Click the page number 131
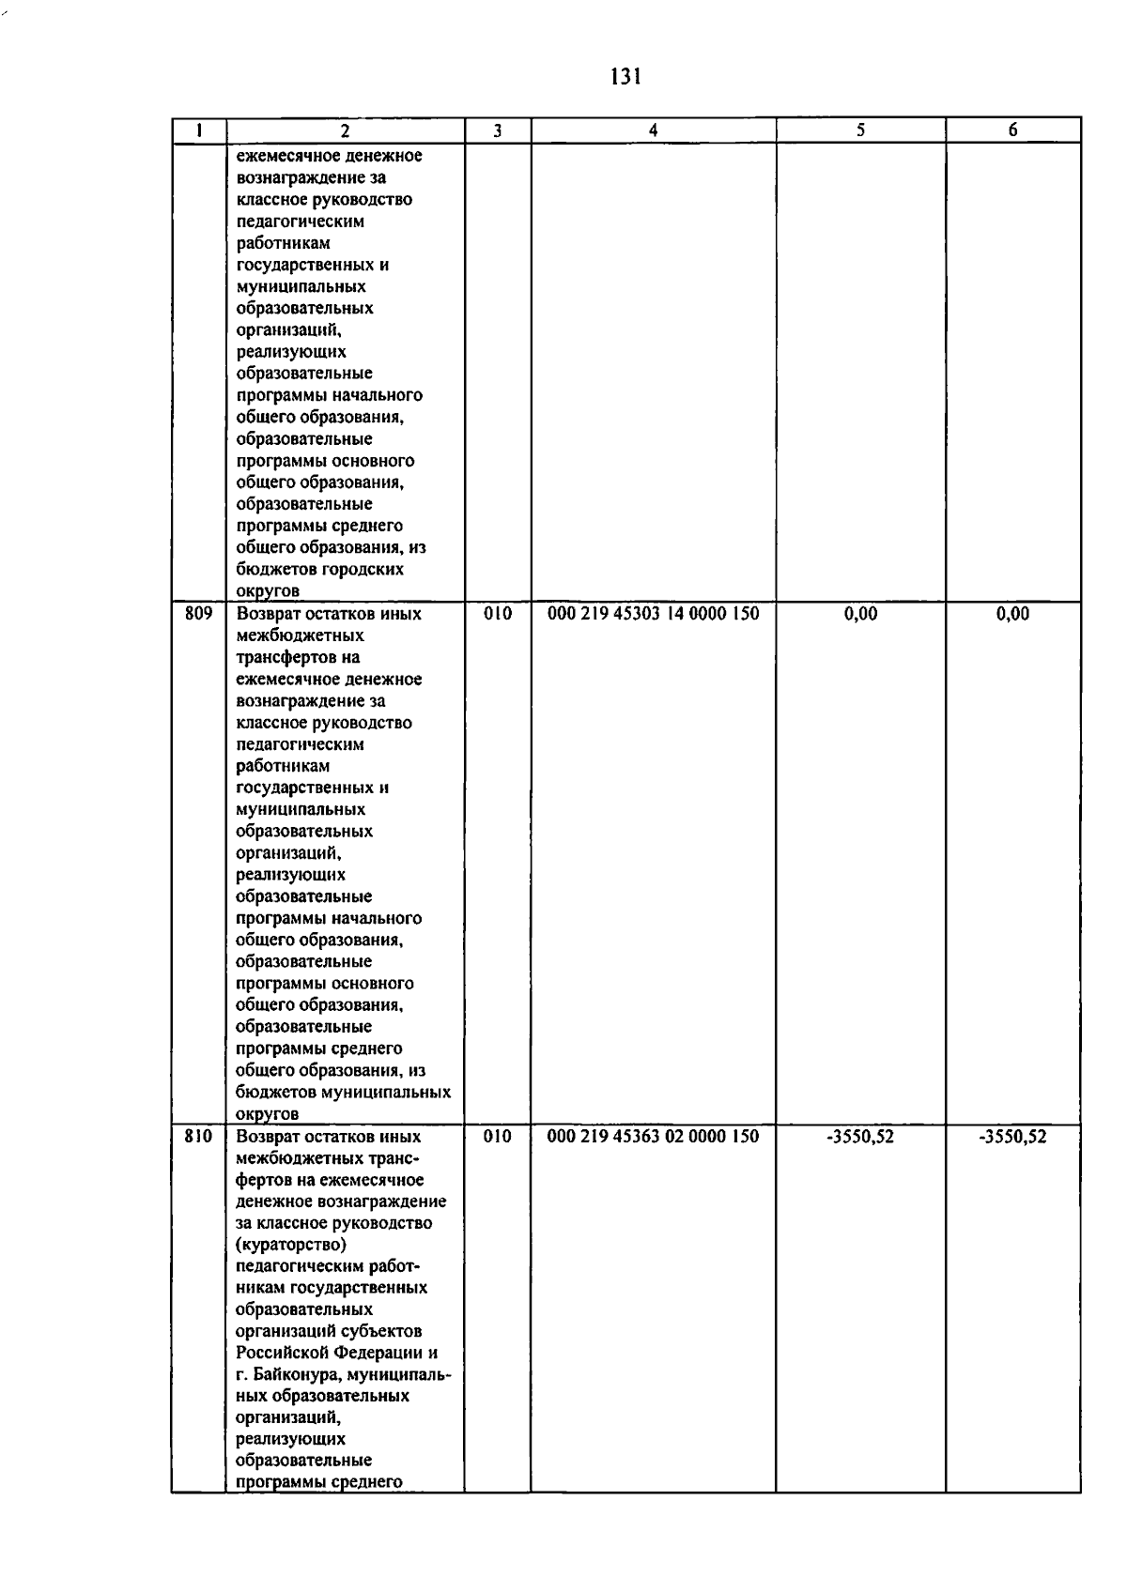(x=625, y=77)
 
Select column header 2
(x=346, y=131)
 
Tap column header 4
(x=653, y=131)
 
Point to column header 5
(x=860, y=131)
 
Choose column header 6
(x=1012, y=131)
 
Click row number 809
(x=198, y=614)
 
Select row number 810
(x=198, y=1137)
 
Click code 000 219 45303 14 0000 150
(x=653, y=614)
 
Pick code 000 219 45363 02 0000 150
(x=653, y=1137)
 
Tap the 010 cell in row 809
(x=498, y=614)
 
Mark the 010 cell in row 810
(x=498, y=1137)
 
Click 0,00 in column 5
(x=860, y=614)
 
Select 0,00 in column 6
(x=1012, y=614)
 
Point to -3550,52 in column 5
(x=860, y=1137)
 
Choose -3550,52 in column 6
(x=1012, y=1137)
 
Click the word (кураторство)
(x=291, y=1246)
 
